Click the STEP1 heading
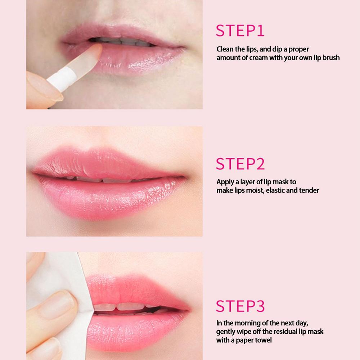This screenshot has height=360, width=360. pos(240,31)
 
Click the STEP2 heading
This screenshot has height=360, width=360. pos(240,163)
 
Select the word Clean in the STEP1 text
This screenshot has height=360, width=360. pos(225,49)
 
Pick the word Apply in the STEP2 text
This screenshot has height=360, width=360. pos(225,182)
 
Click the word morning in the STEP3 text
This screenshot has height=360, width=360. pos(244,323)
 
